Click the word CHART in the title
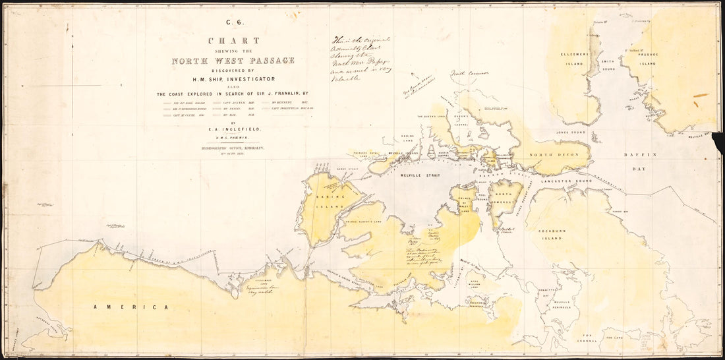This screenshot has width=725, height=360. [x=233, y=41]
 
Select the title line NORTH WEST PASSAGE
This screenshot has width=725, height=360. [x=233, y=61]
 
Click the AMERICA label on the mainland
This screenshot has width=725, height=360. [x=130, y=307]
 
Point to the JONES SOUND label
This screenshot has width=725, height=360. [x=571, y=132]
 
